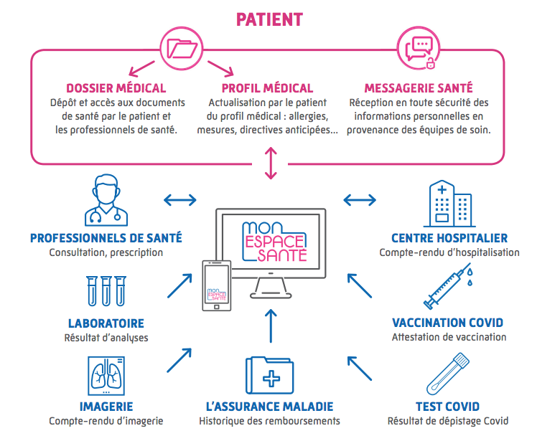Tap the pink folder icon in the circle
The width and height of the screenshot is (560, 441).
tap(182, 49)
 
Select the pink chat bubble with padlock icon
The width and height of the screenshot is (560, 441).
tap(419, 49)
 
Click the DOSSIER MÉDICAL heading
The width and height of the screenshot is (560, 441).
tap(116, 88)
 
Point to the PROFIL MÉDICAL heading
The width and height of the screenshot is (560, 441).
tap(267, 88)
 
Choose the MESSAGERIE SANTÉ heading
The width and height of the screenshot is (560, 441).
tap(419, 88)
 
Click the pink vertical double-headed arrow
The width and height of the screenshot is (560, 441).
tap(270, 163)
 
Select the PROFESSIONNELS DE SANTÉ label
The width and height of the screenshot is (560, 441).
tap(106, 238)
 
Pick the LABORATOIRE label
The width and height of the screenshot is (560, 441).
tap(106, 323)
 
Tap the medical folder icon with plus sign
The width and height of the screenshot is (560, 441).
tap(270, 374)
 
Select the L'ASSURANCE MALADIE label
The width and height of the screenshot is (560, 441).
tap(270, 407)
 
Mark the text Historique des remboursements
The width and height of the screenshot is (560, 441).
tap(270, 421)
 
